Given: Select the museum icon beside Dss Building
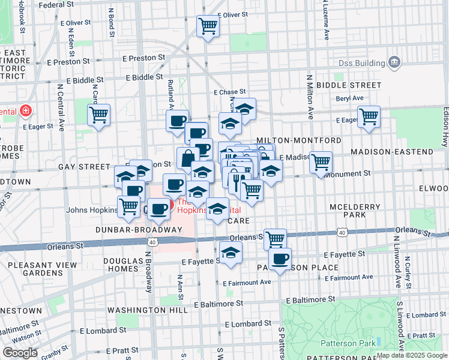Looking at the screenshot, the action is [394, 61].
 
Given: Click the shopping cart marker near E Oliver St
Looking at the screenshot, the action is [208, 26].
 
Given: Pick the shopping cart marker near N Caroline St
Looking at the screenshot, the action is [99, 115].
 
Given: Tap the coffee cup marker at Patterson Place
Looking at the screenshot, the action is [279, 259].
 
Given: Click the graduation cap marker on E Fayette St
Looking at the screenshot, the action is [230, 253].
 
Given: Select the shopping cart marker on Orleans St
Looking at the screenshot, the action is [275, 238].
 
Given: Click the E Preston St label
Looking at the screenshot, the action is [143, 58].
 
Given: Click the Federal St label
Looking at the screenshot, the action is [59, 5].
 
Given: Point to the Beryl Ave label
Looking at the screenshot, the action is [350, 98].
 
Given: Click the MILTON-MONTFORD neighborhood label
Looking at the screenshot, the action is [298, 140].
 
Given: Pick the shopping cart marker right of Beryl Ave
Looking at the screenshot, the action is [369, 116].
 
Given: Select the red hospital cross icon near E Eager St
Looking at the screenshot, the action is [25, 111].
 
